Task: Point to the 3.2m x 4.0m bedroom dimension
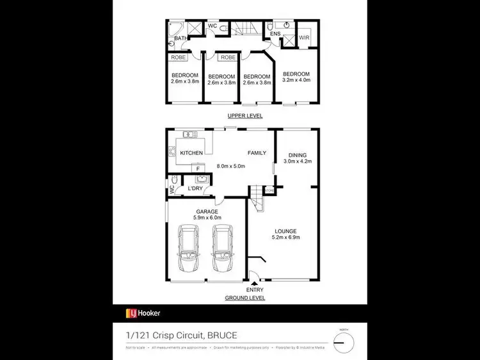[x=296, y=81]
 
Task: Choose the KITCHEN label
[x=191, y=153]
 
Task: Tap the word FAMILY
[x=258, y=153]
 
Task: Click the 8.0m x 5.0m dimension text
[x=230, y=166]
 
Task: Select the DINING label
[x=297, y=155]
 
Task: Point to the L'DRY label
[x=196, y=188]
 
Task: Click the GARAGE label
[x=207, y=211]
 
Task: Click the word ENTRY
[x=255, y=290]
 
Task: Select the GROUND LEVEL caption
[x=244, y=298]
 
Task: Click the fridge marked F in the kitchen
[x=198, y=168]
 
